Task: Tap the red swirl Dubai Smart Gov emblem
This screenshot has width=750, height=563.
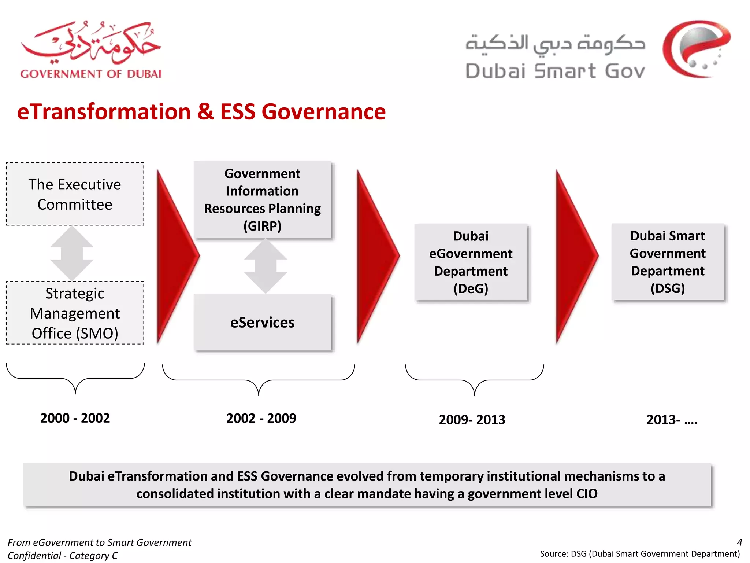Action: [696, 49]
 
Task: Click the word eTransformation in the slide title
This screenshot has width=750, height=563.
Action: [104, 112]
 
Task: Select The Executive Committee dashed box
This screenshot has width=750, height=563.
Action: [75, 194]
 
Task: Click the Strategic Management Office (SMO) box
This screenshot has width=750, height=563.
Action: [75, 313]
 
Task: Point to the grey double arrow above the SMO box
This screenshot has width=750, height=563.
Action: [72, 253]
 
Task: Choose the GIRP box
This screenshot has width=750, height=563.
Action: [263, 200]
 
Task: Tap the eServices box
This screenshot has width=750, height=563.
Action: [263, 322]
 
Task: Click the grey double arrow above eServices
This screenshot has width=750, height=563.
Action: [266, 266]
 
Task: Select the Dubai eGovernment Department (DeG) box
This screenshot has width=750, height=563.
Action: [471, 262]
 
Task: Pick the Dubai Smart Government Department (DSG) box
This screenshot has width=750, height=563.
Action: [668, 262]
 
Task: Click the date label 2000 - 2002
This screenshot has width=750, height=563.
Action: [75, 418]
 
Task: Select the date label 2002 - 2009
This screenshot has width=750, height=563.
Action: [261, 418]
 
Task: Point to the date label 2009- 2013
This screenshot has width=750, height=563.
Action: [472, 420]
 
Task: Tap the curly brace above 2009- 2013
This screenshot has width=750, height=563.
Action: [474, 380]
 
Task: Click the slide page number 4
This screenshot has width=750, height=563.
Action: [739, 542]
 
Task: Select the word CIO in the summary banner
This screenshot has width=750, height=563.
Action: [587, 494]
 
